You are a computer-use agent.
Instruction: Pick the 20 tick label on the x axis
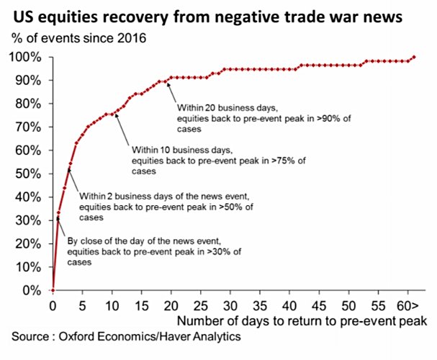170,305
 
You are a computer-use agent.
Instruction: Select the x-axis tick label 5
82,305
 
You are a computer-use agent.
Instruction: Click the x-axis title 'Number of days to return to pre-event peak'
302,320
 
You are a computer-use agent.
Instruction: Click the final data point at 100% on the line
414,57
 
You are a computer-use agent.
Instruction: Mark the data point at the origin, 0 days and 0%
53,290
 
